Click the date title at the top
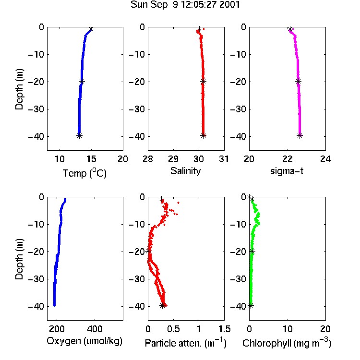[185, 5]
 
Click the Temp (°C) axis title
[84, 173]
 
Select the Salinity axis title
[185, 171]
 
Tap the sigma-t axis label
[287, 171]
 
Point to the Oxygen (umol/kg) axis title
[84, 341]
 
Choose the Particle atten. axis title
[186, 343]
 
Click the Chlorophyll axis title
[287, 343]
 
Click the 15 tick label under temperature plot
[91, 159]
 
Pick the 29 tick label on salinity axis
[173, 159]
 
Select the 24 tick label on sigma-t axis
[325, 159]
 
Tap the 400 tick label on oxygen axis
[95, 329]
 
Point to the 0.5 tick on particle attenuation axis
[173, 329]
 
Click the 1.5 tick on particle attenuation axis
[224, 329]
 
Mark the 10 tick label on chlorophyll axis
[288, 329]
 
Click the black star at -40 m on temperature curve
[79, 135]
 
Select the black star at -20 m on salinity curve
[203, 81]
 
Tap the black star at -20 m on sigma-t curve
[298, 81]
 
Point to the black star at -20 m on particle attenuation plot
[148, 251]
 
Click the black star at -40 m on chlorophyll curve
[251, 306]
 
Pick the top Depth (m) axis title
[19, 89]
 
